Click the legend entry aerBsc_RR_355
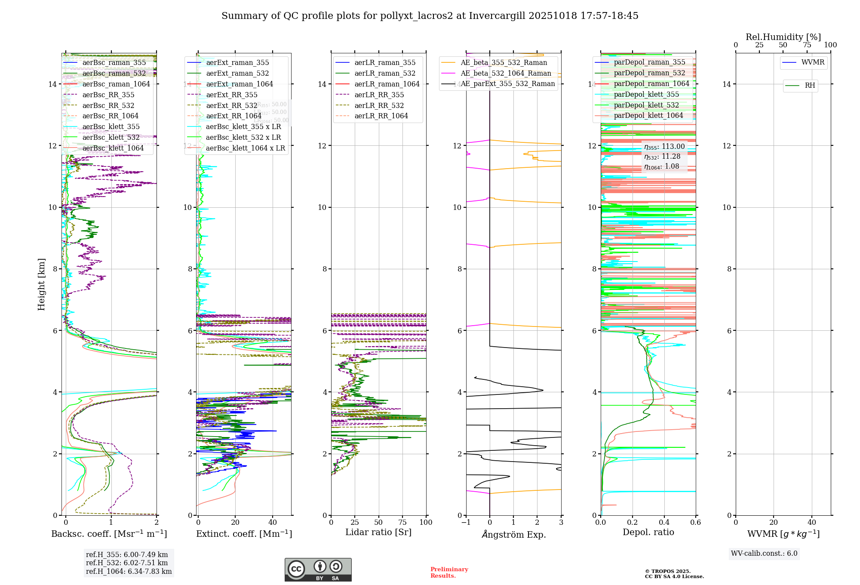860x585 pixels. coord(108,95)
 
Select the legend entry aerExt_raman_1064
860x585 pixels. coord(240,84)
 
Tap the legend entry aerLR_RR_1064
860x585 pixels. coord(381,116)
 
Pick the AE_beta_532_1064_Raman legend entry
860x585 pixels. coord(506,73)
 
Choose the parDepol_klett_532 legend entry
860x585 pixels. coord(646,105)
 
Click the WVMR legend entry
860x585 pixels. coord(813,62)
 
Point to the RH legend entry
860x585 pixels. coord(810,86)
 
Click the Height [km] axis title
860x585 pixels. coord(41,284)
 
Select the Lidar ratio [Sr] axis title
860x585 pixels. coord(378,532)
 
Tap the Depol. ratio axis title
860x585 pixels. coord(648,532)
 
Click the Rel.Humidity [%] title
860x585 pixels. coord(783,37)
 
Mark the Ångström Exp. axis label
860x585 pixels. coord(513,534)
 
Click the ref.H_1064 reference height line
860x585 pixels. coord(129,571)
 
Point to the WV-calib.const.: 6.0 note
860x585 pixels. coord(764,554)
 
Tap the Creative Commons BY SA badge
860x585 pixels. coord(318,570)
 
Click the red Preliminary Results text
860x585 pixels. coord(449,572)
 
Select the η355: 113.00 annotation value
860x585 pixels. coord(664,147)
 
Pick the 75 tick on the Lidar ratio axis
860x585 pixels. coord(402,522)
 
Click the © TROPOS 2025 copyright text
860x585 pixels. coord(667,571)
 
